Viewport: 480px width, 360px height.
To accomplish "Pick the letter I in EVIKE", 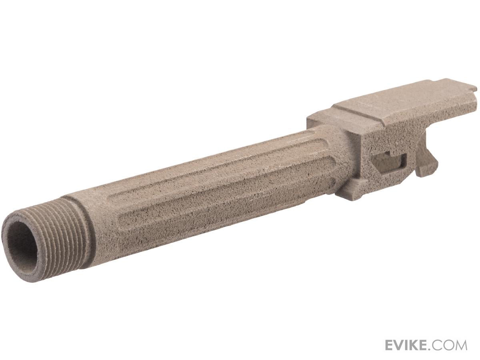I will [409, 345].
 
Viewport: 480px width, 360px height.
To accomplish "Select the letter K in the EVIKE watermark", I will [416, 345].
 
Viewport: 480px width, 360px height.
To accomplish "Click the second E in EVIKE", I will [426, 345].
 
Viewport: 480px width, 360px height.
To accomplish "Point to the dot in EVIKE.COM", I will [433, 349].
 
